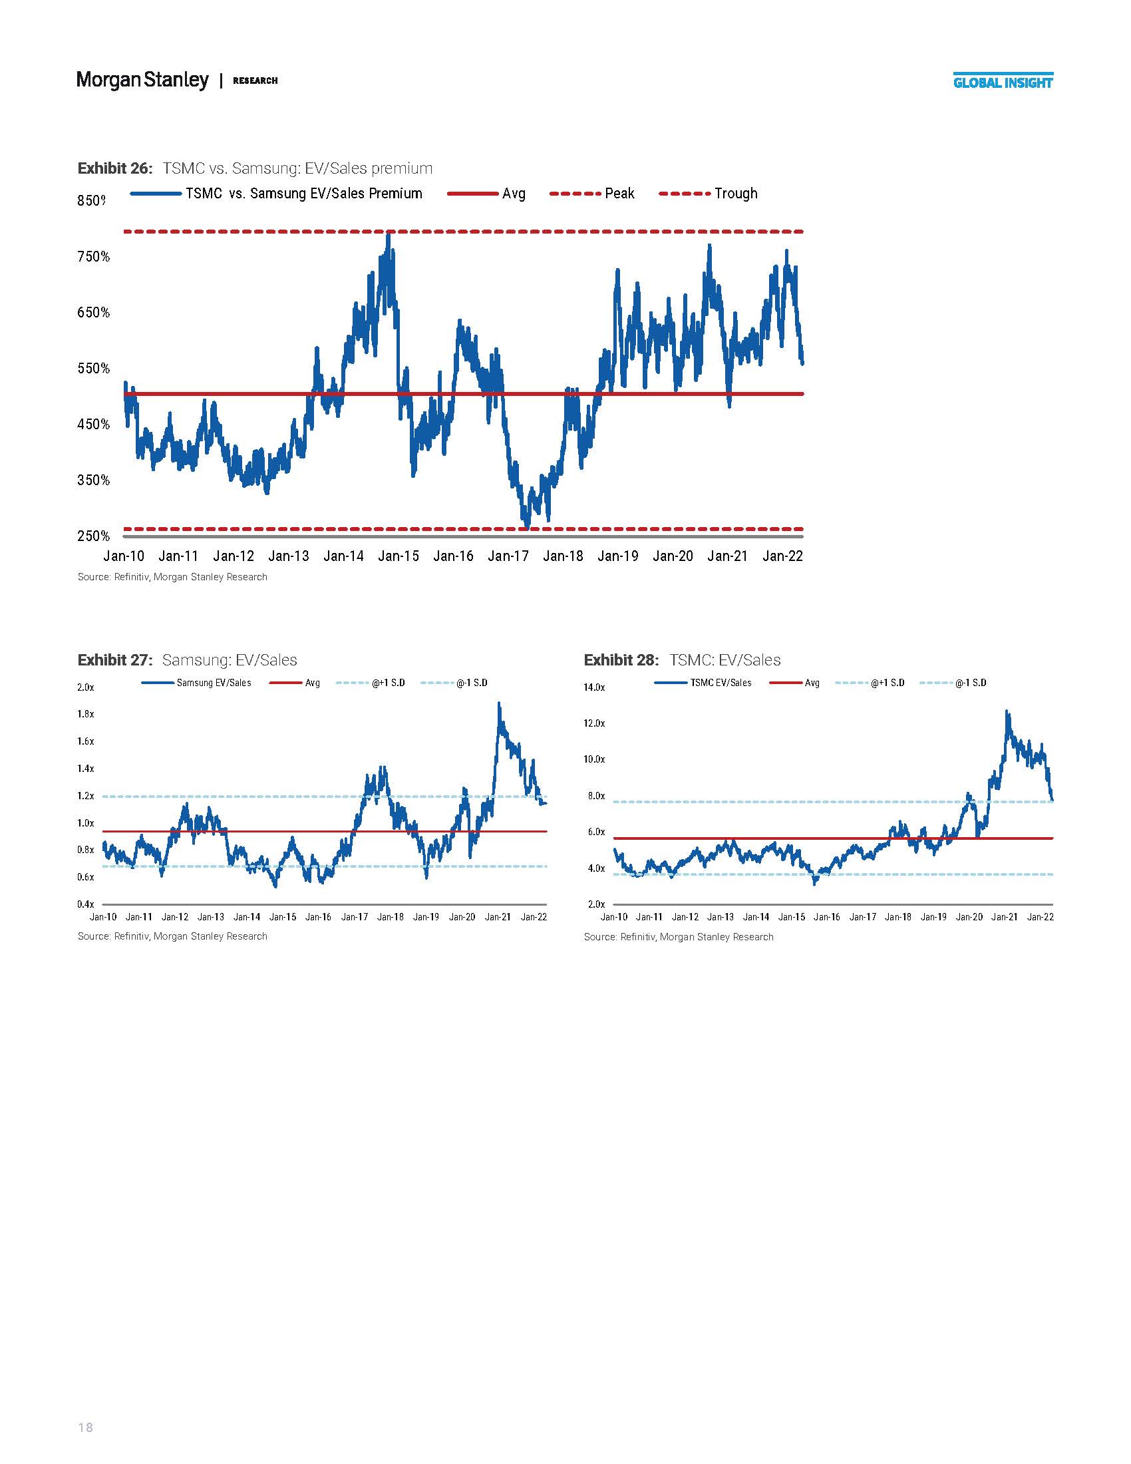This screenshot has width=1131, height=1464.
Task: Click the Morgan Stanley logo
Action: tap(143, 80)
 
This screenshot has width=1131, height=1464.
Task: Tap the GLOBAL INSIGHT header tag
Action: tap(1003, 83)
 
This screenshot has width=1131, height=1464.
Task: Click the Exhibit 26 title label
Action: tap(114, 168)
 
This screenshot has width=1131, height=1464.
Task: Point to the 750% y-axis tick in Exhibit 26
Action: tap(93, 257)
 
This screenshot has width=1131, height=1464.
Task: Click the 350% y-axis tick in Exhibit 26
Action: tap(93, 480)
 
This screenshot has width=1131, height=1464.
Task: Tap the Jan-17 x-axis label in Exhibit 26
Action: tap(508, 556)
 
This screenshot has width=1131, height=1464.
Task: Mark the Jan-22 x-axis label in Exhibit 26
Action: tap(782, 556)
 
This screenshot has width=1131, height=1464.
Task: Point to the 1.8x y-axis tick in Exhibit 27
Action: tap(86, 714)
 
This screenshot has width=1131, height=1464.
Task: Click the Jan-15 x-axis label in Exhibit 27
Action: tap(282, 917)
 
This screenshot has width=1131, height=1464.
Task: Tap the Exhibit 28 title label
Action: tap(622, 660)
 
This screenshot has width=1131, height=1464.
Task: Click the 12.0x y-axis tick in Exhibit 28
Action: tap(594, 723)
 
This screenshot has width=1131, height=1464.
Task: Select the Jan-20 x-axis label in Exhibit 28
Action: tap(969, 917)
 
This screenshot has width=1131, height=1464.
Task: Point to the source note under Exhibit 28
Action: tap(678, 937)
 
